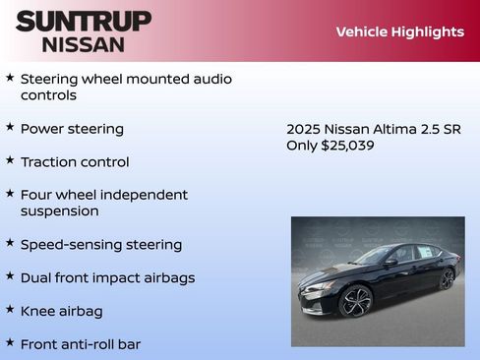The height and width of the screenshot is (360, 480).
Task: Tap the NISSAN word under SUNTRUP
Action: [84, 44]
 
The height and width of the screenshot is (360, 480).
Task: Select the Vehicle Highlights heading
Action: [399, 31]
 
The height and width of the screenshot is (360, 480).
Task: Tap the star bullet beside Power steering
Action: [10, 128]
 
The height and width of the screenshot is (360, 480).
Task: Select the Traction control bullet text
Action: [75, 161]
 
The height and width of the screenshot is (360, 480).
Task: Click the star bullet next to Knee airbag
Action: [10, 310]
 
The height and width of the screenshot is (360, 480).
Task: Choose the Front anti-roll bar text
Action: [82, 344]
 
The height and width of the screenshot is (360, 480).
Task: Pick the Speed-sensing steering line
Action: [101, 244]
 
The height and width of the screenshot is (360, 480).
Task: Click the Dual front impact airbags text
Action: [107, 277]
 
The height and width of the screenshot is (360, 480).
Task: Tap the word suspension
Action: [60, 210]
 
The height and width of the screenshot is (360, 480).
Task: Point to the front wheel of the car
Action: [355, 300]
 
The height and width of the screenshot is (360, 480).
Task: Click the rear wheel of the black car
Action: [447, 278]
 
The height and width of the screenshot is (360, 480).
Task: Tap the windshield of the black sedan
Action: [375, 255]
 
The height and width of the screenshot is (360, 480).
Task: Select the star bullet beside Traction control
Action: [10, 160]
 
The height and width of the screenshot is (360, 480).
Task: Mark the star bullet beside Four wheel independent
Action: [10, 194]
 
